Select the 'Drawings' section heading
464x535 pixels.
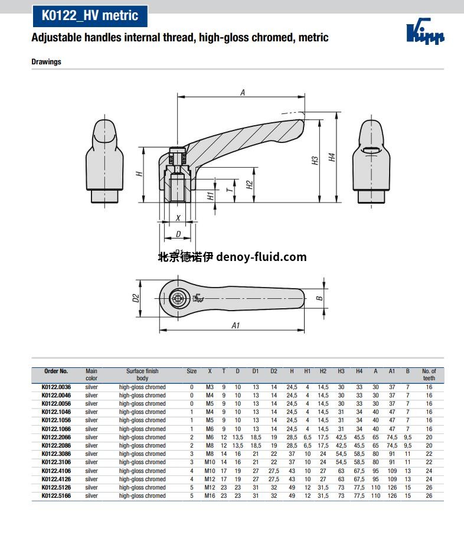pyautogui.click(x=46, y=61)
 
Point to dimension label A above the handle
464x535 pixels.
pyautogui.click(x=243, y=92)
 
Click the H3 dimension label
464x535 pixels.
pyautogui.click(x=315, y=160)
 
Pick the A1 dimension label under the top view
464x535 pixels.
pyautogui.click(x=236, y=325)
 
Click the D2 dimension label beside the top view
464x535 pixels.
pyautogui.click(x=135, y=298)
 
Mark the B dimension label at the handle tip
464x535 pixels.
pyautogui.click(x=319, y=298)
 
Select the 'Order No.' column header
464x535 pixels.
pyautogui.click(x=56, y=371)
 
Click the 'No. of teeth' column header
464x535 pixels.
pyautogui.click(x=429, y=374)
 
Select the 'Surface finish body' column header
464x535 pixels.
pyautogui.click(x=142, y=374)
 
